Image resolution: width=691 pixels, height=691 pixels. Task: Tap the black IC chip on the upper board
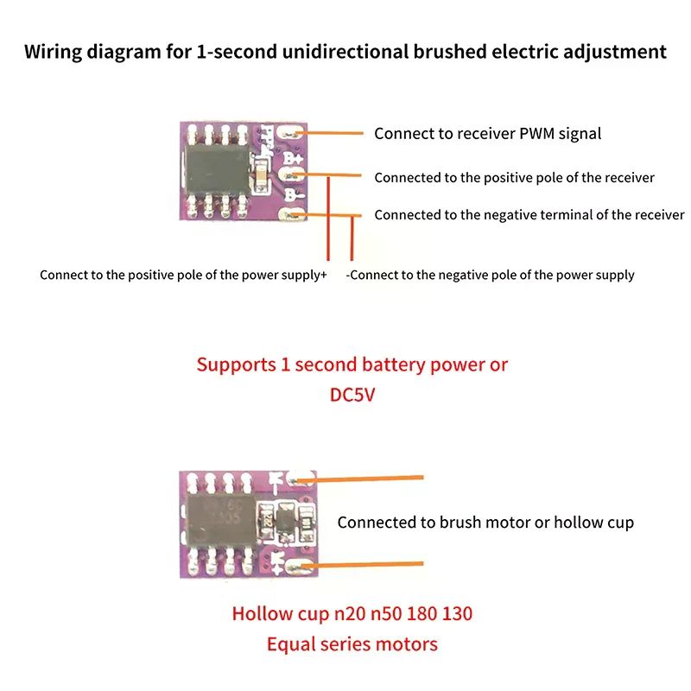tap(215, 168)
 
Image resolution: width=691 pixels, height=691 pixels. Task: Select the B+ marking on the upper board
tap(293, 160)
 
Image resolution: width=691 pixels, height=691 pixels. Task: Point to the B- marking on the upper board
tap(292, 195)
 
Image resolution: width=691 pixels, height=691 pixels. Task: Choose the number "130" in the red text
tap(456, 615)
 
